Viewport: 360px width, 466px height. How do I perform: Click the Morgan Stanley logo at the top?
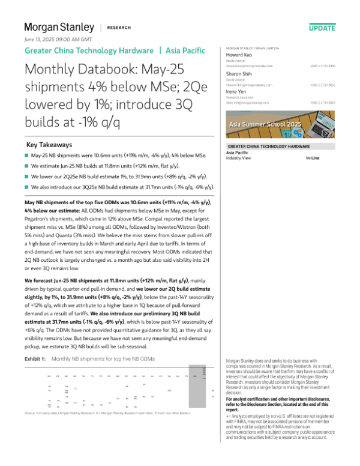(59, 27)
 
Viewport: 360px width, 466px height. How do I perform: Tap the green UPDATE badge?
(322, 28)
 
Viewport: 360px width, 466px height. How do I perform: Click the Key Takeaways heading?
(49, 145)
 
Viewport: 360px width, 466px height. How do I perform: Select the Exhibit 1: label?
(35, 358)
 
